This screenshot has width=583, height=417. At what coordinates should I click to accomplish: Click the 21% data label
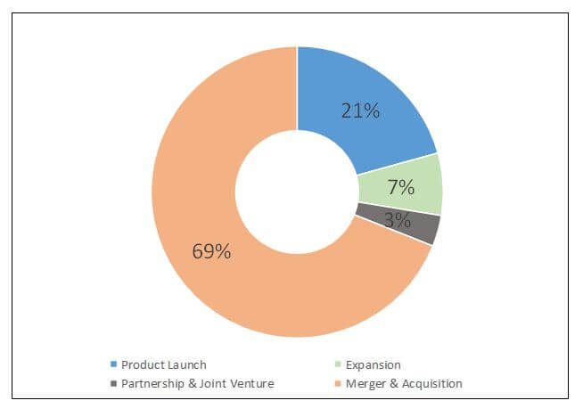360,111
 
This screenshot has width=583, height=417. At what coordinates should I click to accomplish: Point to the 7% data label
401,187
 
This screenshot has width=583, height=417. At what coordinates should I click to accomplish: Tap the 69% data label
211,251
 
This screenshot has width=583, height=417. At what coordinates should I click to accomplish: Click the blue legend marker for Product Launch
113,364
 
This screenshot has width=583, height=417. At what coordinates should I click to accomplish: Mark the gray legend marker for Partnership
113,383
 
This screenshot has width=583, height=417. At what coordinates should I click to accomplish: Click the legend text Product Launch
164,364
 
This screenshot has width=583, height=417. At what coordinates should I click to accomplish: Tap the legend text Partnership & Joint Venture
198,383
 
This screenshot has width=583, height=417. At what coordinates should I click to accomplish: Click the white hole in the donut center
297,192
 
